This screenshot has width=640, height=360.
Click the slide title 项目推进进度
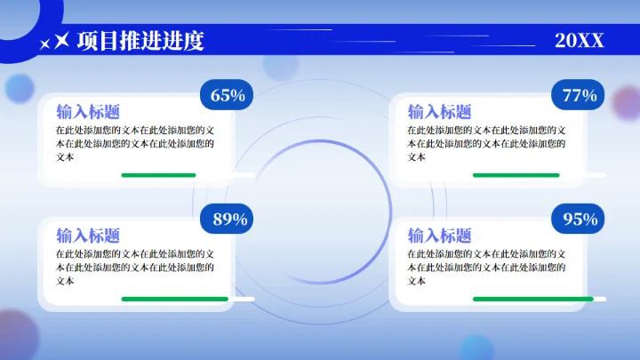(x=140, y=41)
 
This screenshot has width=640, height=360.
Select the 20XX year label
(x=579, y=41)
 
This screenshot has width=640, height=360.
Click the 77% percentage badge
(x=580, y=95)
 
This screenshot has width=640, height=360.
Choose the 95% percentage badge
(x=580, y=219)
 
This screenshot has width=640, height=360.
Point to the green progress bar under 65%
(x=158, y=175)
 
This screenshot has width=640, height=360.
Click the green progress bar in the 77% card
(x=516, y=175)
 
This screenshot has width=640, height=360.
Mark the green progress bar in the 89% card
(x=174, y=299)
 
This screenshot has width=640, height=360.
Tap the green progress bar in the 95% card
(x=532, y=299)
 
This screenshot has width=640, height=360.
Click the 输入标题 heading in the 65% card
(x=88, y=112)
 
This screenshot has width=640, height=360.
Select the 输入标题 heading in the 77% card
(x=440, y=112)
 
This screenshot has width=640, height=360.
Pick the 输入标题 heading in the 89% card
(x=88, y=236)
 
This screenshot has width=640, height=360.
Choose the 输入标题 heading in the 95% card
(x=440, y=236)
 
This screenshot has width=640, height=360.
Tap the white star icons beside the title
(x=55, y=41)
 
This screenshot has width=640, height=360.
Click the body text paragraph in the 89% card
(x=140, y=267)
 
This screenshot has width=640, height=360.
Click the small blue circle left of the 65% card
(x=20, y=88)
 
